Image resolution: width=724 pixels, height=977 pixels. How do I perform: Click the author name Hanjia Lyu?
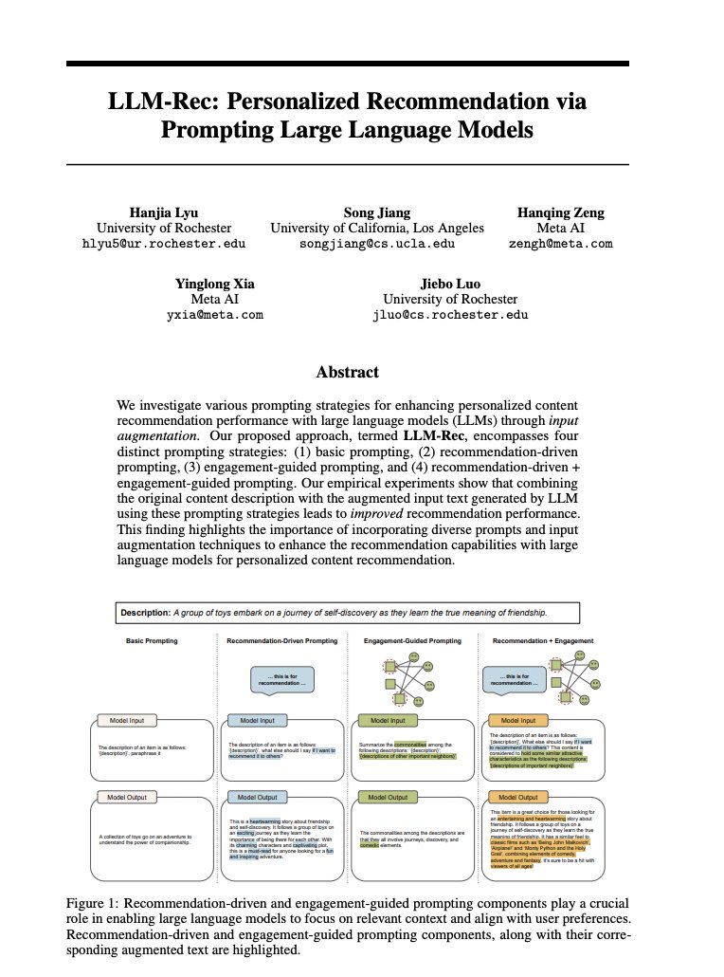click(x=164, y=212)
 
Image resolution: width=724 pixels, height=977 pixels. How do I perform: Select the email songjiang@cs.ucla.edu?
click(x=377, y=244)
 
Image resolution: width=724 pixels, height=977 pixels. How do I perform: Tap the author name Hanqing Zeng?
click(x=561, y=212)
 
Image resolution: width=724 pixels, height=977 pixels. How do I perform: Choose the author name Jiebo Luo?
click(x=451, y=284)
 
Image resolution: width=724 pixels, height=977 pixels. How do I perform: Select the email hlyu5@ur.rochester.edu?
click(x=164, y=244)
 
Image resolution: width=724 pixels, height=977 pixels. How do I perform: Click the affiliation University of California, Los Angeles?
click(x=377, y=228)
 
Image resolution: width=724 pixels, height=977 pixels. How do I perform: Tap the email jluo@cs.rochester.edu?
click(x=451, y=315)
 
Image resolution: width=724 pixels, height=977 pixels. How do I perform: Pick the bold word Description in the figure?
click(x=145, y=613)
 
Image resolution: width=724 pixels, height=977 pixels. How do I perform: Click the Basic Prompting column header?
click(x=152, y=641)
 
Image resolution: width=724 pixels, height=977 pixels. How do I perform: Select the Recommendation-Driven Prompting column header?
click(x=281, y=641)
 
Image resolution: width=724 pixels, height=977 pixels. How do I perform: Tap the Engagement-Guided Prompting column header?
click(x=412, y=641)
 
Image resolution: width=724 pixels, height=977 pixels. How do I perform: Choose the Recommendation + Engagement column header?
click(x=543, y=641)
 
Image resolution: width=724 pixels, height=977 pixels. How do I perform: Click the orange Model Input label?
click(x=517, y=721)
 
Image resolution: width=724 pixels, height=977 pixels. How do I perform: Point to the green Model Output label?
click(x=387, y=798)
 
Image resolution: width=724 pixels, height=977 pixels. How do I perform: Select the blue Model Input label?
click(x=257, y=721)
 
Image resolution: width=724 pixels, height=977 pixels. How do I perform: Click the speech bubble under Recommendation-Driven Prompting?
click(x=281, y=679)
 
